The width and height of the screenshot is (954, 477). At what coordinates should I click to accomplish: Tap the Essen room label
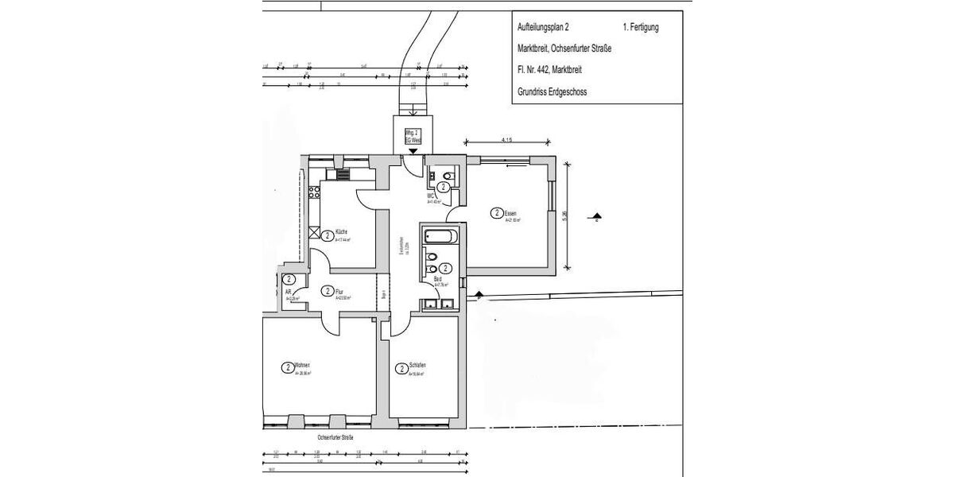tap(511, 212)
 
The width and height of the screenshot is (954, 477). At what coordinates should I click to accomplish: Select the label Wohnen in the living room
tap(301, 365)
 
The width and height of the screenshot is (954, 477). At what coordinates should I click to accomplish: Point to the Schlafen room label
tap(417, 366)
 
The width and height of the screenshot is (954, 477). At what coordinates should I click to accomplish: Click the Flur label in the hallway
tap(339, 291)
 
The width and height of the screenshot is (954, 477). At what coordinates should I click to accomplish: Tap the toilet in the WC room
tap(448, 176)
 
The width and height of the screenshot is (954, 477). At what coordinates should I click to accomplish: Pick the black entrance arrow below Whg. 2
tap(413, 150)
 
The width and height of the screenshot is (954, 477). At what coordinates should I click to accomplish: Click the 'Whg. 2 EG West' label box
tap(413, 135)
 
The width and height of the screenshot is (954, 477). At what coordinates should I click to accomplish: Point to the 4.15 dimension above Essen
tap(506, 140)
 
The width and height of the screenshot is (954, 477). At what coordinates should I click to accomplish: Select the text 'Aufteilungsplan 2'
tap(543, 27)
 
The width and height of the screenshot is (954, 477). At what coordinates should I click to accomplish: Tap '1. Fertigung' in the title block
tap(641, 27)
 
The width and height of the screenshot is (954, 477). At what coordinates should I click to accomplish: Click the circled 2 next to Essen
tap(496, 213)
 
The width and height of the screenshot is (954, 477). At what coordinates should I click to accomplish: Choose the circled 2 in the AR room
tap(289, 280)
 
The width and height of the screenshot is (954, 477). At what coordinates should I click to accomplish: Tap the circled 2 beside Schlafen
tap(401, 369)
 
